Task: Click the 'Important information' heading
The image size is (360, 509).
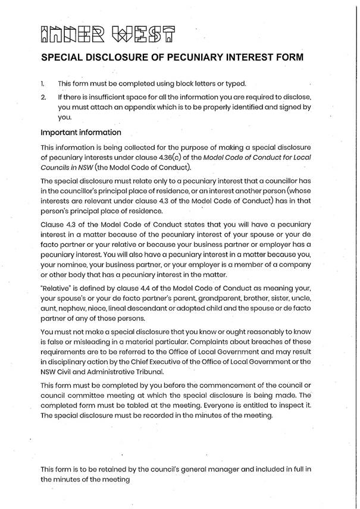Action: pyautogui.click(x=80, y=132)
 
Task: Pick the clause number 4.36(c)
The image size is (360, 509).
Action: pyautogui.click(x=156, y=156)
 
